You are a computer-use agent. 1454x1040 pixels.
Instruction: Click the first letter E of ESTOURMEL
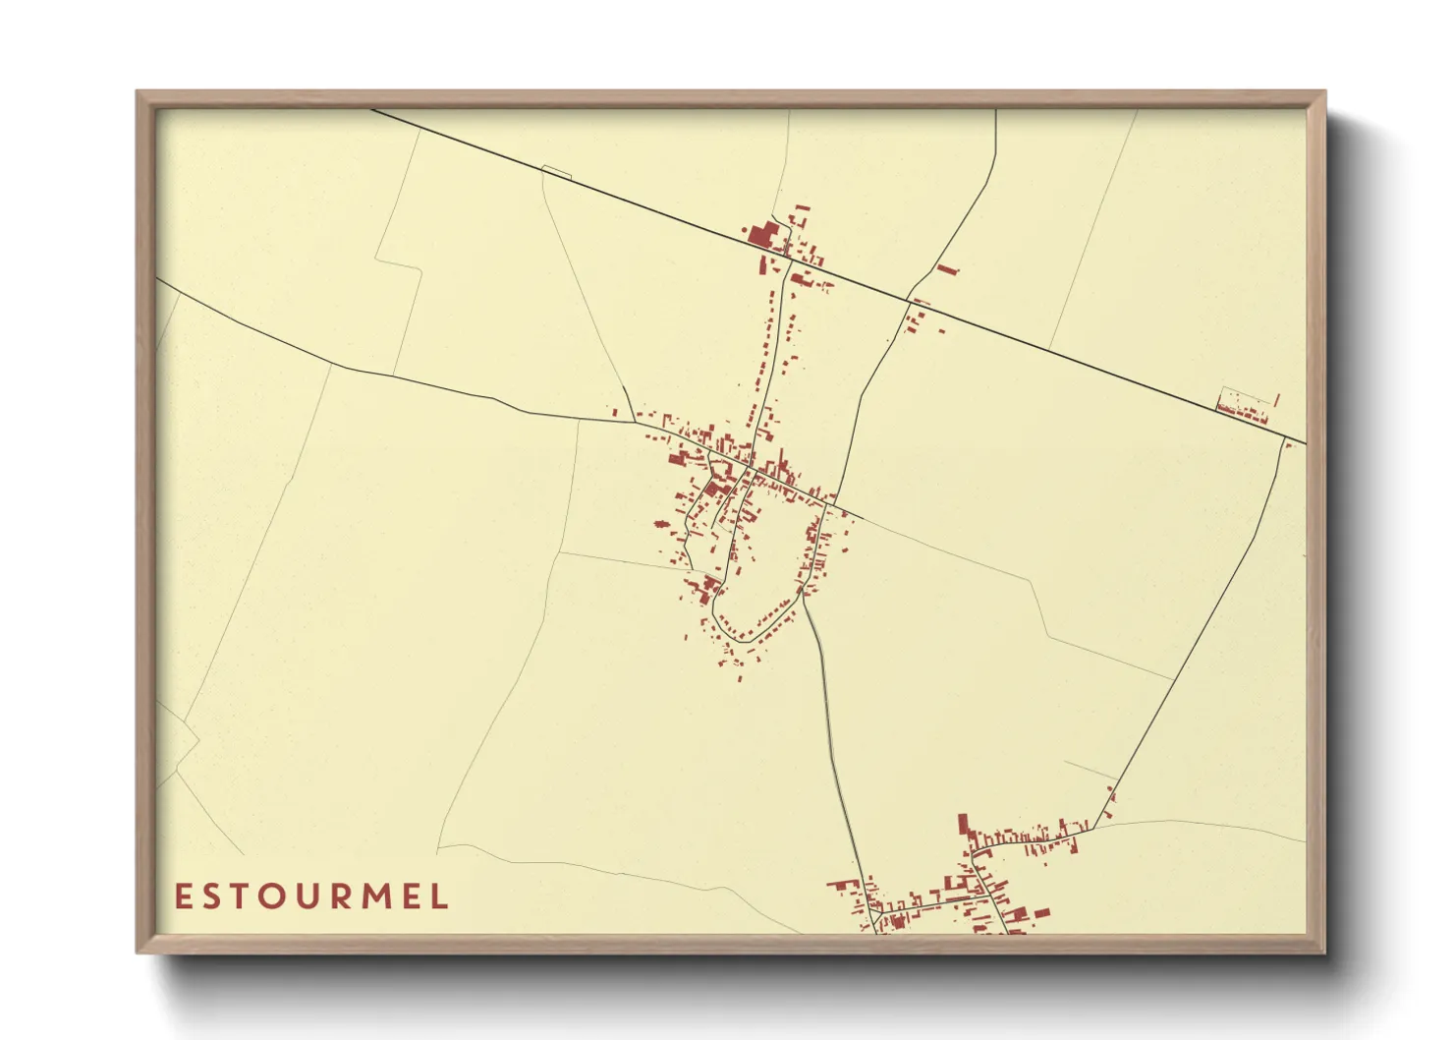(182, 896)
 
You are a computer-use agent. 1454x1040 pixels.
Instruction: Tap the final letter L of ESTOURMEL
(441, 896)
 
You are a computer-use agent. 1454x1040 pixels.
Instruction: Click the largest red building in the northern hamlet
(762, 236)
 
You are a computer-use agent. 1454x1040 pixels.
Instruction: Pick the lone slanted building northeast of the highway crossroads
(946, 268)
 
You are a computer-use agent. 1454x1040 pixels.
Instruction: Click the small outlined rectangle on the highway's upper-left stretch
(556, 172)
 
